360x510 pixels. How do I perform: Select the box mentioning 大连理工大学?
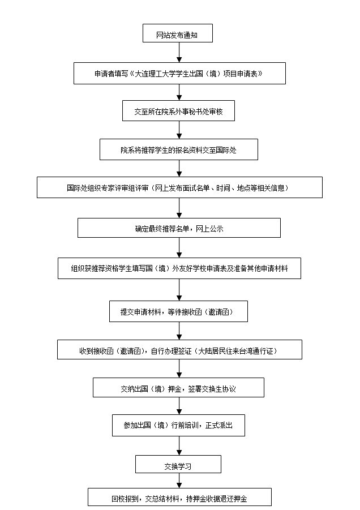tap(179, 74)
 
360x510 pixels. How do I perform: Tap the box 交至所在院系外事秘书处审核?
tap(178, 111)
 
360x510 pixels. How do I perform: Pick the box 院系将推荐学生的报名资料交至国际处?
tap(179, 149)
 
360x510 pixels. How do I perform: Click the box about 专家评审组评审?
tap(179, 187)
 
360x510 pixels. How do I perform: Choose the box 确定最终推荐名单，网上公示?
tap(179, 228)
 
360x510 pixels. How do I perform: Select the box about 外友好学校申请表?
tap(179, 268)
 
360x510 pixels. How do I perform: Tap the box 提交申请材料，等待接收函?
tap(179, 311)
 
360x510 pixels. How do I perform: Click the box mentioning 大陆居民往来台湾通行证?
tap(179, 350)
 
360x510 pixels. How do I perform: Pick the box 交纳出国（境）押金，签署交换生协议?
tap(178, 388)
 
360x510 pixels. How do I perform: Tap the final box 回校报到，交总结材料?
tap(179, 498)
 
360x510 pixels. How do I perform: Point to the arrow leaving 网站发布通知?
tap(179, 52)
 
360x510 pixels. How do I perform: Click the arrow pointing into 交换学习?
tap(179, 446)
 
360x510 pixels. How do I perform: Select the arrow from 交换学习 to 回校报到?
tap(179, 481)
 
